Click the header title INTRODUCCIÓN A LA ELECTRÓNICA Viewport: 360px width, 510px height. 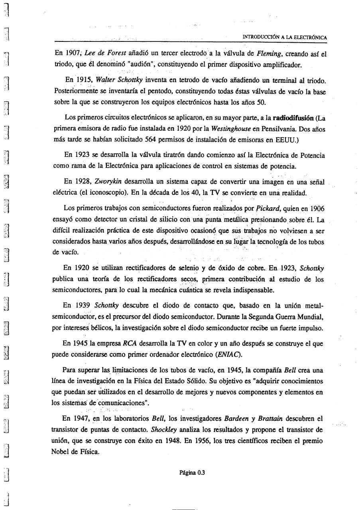click(285, 37)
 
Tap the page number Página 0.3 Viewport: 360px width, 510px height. click(192, 473)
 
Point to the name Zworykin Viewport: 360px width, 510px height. click(107, 182)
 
